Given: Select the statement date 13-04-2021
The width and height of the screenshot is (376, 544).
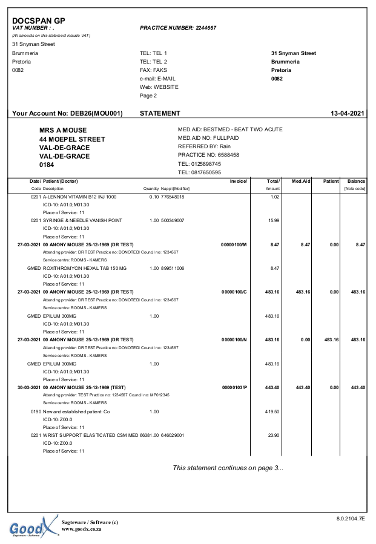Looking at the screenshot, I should coord(348,113).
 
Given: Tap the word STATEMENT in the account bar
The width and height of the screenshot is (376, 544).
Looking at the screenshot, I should coord(160,113).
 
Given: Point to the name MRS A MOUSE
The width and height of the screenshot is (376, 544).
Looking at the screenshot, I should coord(63,130).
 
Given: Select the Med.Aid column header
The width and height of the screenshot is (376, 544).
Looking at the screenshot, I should coord(300,182).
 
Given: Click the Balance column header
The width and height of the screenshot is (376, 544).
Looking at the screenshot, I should coord(355,182).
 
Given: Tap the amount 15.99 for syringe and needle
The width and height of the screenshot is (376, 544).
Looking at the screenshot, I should coord(273,220).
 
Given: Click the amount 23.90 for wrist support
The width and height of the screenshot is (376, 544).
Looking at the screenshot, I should coord(273,435).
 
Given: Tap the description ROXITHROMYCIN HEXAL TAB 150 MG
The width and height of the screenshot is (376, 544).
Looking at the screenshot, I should coord(85,268).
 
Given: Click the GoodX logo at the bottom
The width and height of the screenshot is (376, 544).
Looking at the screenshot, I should coord(34,526).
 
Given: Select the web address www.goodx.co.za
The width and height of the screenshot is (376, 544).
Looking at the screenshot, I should coord(81,529).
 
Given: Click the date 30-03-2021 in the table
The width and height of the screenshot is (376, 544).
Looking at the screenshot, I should coord(28,387).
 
